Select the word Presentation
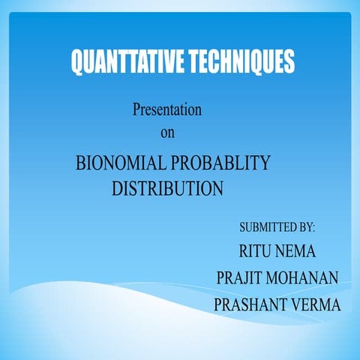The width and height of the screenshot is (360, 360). [x=167, y=109]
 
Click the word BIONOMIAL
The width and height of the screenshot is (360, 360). [x=121, y=163]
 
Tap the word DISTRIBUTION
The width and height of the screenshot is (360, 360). [x=167, y=188]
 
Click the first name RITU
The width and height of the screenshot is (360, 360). [x=256, y=251]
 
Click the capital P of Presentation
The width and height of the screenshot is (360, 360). [x=136, y=109]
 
